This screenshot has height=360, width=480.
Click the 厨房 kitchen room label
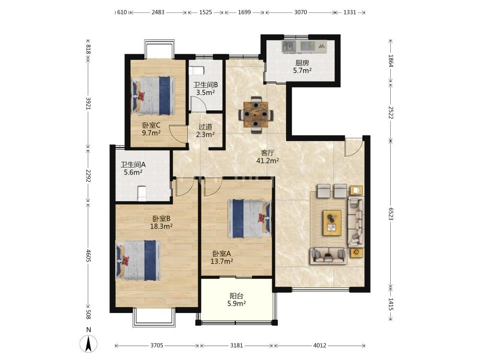[x=302, y=63]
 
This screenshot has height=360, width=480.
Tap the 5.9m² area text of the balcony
[x=237, y=303]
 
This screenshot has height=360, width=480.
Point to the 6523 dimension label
[x=391, y=214]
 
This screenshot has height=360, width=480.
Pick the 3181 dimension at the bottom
[x=236, y=346]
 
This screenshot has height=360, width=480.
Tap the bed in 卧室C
[x=153, y=96]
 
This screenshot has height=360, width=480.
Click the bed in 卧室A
[x=250, y=218]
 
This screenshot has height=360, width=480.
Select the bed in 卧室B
[x=138, y=260]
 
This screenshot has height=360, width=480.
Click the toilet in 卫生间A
[x=142, y=193]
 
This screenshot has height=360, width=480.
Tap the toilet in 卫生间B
[x=196, y=71]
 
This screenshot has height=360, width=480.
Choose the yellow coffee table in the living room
[x=332, y=223]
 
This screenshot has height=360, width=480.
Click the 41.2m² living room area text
[x=267, y=160]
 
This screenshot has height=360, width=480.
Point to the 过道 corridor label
[x=205, y=127]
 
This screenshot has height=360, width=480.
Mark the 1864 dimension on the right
[x=391, y=60]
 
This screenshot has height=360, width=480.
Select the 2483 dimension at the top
[x=158, y=12]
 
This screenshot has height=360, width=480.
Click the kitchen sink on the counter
[x=288, y=46]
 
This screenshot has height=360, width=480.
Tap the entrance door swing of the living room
[x=353, y=147]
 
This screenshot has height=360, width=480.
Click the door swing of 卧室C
[x=179, y=134]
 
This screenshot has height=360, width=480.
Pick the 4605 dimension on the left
[x=88, y=256]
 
